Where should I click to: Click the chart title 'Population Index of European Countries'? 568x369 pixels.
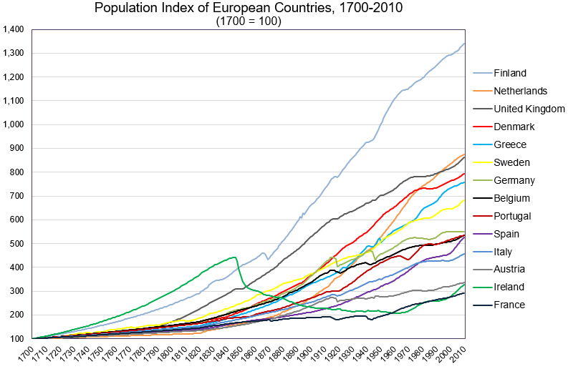click(x=248, y=9)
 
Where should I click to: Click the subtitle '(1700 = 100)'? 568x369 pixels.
click(x=248, y=21)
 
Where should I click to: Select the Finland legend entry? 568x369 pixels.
click(x=510, y=73)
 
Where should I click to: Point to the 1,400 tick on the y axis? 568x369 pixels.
click(x=14, y=29)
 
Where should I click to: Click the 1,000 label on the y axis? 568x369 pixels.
click(x=14, y=124)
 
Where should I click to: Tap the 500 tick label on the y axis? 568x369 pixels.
click(x=18, y=243)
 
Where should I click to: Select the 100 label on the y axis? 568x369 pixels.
click(x=18, y=338)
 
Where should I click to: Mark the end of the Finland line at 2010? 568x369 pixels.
click(x=465, y=44)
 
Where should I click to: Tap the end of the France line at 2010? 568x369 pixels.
click(x=465, y=292)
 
